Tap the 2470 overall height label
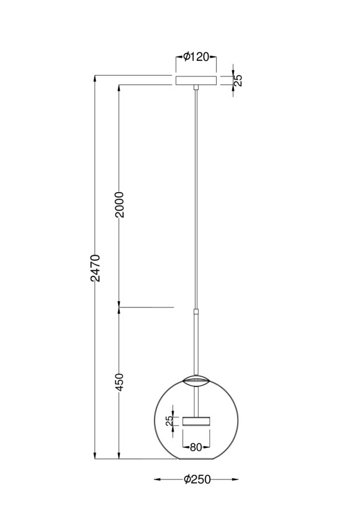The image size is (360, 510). [x=95, y=267]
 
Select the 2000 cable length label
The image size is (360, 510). [x=120, y=204]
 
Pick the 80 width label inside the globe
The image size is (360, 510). [x=196, y=445]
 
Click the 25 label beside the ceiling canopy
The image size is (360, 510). [x=238, y=80]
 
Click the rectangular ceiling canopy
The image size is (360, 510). [x=196, y=80]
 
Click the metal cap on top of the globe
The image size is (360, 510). [x=196, y=378]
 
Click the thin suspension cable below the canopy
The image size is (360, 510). [x=196, y=199]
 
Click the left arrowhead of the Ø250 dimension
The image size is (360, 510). [x=156, y=480]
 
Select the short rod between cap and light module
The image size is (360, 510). [x=196, y=399]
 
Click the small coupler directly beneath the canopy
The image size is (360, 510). [x=196, y=88]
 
